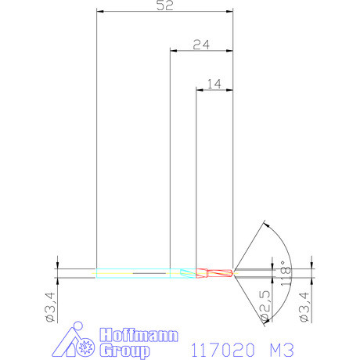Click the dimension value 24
[x=200, y=45]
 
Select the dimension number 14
[x=214, y=82]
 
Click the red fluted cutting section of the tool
[x=214, y=273]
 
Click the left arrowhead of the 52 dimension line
[x=99, y=12]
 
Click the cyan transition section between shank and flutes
[x=186, y=273]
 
